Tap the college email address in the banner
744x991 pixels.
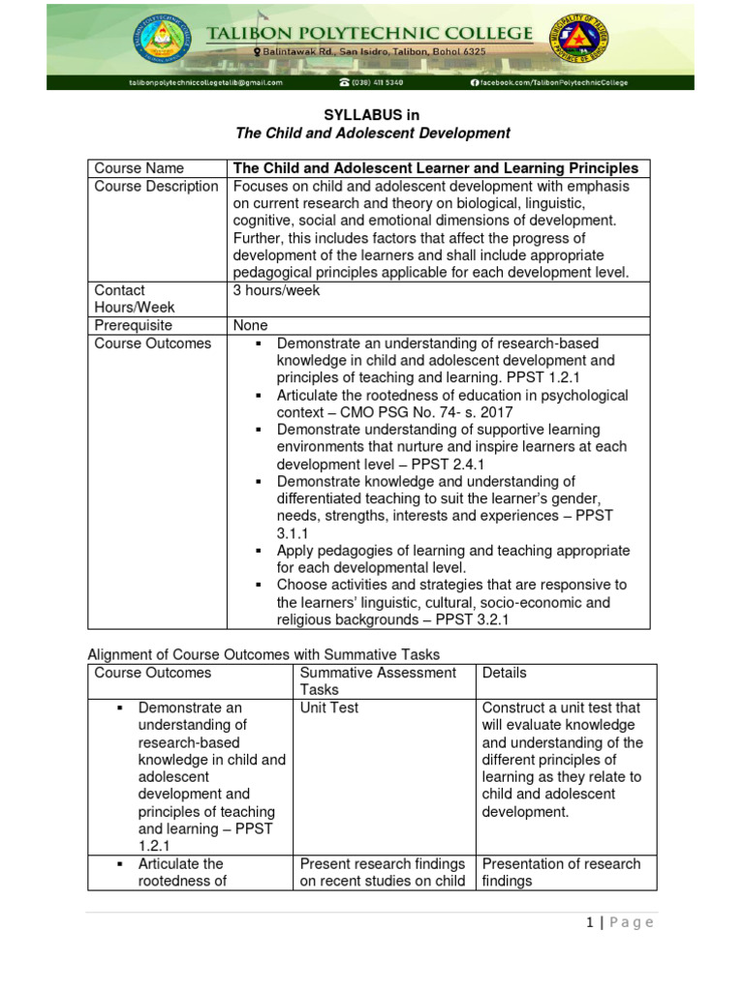tap(205, 83)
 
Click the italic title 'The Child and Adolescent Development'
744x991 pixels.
tap(374, 133)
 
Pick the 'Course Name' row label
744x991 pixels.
tap(139, 168)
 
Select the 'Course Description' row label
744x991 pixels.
tap(156, 186)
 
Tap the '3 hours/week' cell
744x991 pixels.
tap(276, 290)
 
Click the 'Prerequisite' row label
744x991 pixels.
tap(133, 325)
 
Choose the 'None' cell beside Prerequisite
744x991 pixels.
tap(250, 325)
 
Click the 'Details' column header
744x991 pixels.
tap(504, 672)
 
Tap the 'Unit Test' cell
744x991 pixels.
tap(329, 707)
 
